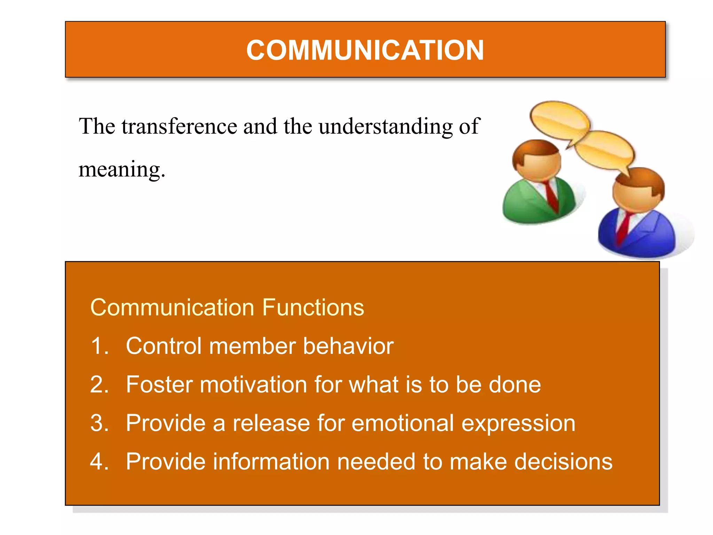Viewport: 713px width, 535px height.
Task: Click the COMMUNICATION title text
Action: (365, 50)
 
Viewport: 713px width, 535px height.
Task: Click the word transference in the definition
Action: (179, 126)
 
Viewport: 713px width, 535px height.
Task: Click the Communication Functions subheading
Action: (227, 308)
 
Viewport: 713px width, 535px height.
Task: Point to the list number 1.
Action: (99, 346)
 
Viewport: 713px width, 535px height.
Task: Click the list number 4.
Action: (99, 462)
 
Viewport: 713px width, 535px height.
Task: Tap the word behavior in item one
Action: (348, 346)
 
